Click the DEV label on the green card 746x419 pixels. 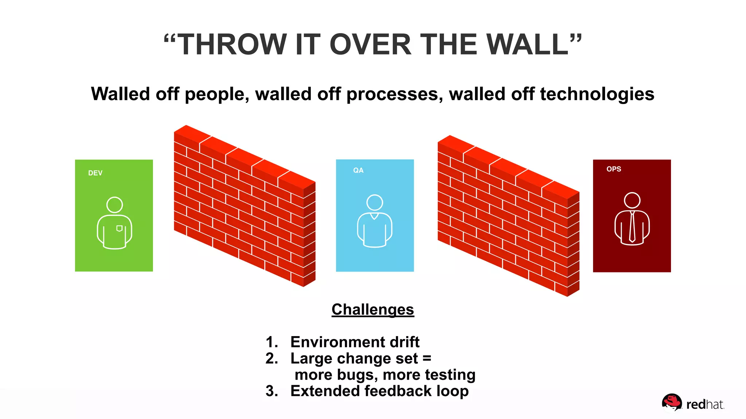click(x=95, y=173)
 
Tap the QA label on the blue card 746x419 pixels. click(x=358, y=170)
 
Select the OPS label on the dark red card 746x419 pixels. click(x=613, y=169)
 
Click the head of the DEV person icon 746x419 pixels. click(x=114, y=205)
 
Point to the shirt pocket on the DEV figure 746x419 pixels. click(x=119, y=228)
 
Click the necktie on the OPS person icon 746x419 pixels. click(x=632, y=227)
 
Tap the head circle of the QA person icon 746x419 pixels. click(x=374, y=203)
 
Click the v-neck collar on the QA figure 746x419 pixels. click(x=374, y=216)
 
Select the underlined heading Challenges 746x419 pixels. click(x=373, y=310)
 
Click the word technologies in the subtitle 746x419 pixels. click(x=597, y=94)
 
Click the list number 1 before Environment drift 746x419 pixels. click(x=270, y=342)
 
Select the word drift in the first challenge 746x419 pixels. click(x=404, y=342)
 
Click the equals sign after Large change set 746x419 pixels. click(x=427, y=359)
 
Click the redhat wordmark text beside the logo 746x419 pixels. click(x=704, y=404)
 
